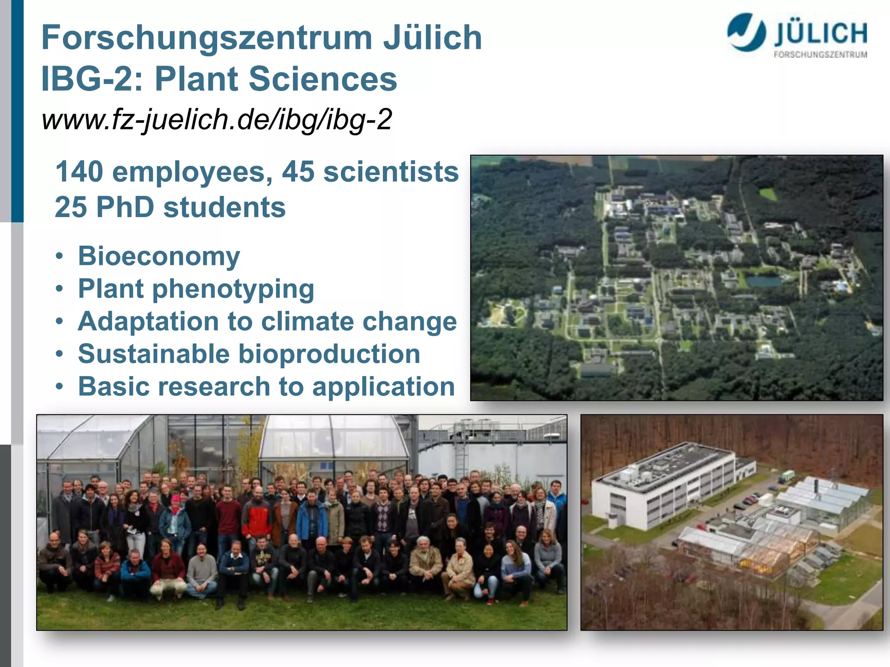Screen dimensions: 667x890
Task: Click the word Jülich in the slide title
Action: [432, 38]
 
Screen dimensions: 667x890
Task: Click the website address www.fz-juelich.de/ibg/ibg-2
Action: [217, 119]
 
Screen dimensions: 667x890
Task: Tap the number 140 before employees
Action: [79, 172]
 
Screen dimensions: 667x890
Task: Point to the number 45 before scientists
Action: [298, 172]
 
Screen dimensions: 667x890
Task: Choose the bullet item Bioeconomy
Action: [159, 256]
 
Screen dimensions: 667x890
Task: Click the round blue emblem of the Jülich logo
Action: [746, 32]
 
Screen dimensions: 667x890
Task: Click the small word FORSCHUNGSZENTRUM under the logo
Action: [820, 55]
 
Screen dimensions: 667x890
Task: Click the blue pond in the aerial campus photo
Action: [764, 281]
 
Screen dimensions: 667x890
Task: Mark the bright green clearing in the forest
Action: [767, 194]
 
